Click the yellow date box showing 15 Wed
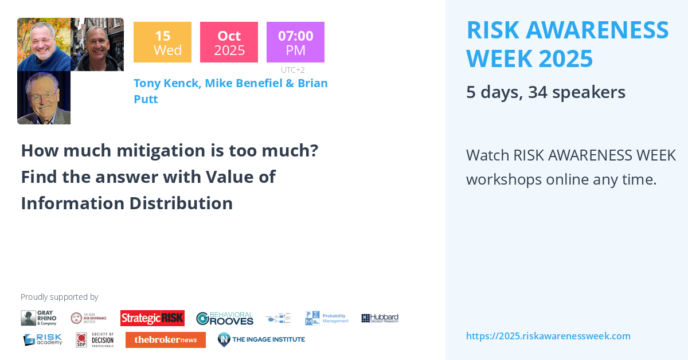(x=162, y=42)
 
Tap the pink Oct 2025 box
(x=229, y=42)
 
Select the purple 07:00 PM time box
(x=295, y=42)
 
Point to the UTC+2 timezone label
(x=292, y=70)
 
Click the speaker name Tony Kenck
(x=167, y=83)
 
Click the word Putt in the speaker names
(x=146, y=99)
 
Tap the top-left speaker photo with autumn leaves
(x=44, y=44)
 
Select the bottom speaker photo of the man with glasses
(x=44, y=97)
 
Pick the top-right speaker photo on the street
(x=97, y=44)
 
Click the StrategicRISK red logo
(x=152, y=318)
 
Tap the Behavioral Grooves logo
(x=224, y=318)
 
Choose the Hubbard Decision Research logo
(x=380, y=318)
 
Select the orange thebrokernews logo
(x=165, y=340)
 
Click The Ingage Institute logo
(x=261, y=339)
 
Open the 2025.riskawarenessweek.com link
(x=548, y=336)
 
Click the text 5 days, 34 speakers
(x=545, y=92)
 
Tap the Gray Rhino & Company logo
(x=39, y=318)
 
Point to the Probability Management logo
(x=327, y=318)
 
